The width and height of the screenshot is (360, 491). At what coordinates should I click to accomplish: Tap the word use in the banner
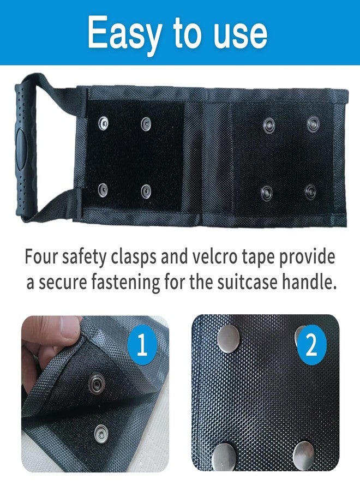[240, 34]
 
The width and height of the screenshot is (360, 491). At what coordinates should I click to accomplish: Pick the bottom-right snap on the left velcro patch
[146, 190]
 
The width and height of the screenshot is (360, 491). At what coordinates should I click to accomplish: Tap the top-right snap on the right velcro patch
[313, 124]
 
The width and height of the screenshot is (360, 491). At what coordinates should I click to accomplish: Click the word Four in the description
[41, 257]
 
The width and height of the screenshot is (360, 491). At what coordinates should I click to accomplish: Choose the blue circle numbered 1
[142, 345]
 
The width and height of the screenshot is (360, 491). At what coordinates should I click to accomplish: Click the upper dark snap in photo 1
[97, 382]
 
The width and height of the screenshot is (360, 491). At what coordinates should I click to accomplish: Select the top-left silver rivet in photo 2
[229, 338]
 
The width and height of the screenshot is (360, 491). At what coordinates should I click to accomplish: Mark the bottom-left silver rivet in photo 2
[224, 456]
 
